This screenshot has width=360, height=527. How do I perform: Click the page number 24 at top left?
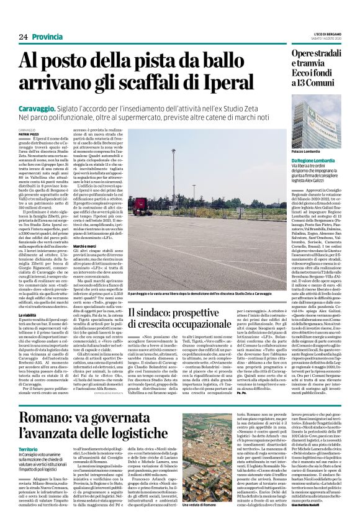tap(23, 37)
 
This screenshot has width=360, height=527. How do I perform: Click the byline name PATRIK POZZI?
tap(27, 135)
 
